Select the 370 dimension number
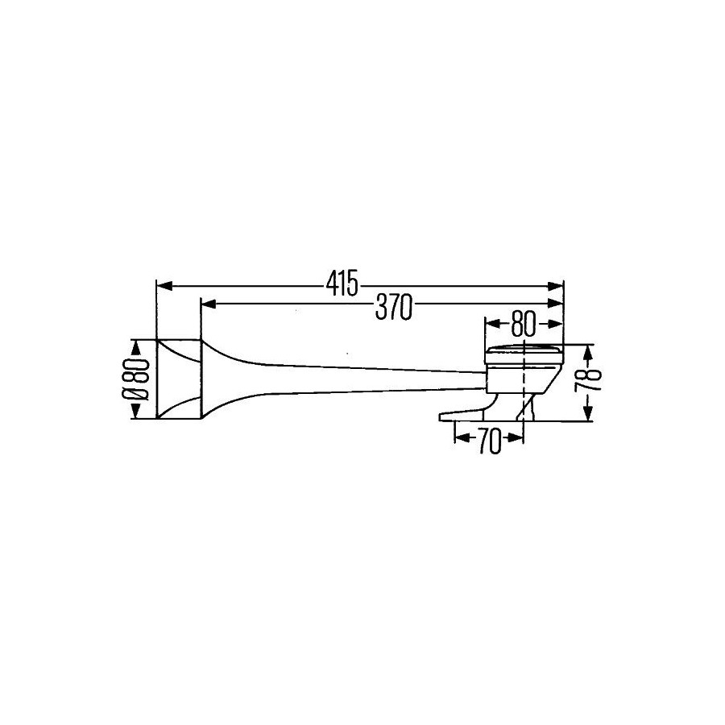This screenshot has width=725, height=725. click(393, 308)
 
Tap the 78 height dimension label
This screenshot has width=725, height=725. click(588, 380)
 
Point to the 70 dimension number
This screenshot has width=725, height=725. click(490, 441)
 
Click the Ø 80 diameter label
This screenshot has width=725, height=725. click(136, 379)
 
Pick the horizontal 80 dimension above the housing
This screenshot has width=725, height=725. click(524, 324)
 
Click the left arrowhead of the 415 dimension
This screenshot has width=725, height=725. click(164, 287)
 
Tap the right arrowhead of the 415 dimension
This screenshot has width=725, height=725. click(555, 287)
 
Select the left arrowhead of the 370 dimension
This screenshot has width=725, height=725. click(209, 304)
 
